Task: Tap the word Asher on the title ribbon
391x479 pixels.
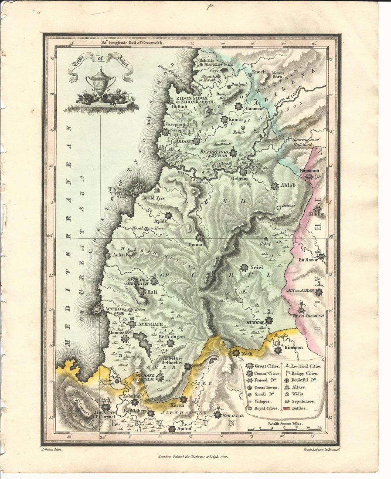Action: pyautogui.click(x=117, y=60)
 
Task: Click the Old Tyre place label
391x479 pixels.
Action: pyautogui.click(x=157, y=198)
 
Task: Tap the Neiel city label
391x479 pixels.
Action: pyautogui.click(x=258, y=268)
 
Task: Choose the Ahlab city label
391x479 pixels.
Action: pyautogui.click(x=288, y=186)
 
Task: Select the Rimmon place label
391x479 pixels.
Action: pyautogui.click(x=294, y=347)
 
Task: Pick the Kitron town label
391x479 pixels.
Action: pyautogui.click(x=171, y=405)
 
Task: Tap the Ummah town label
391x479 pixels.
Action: pyautogui.click(x=194, y=245)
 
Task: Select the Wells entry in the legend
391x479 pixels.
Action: pyautogui.click(x=298, y=394)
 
